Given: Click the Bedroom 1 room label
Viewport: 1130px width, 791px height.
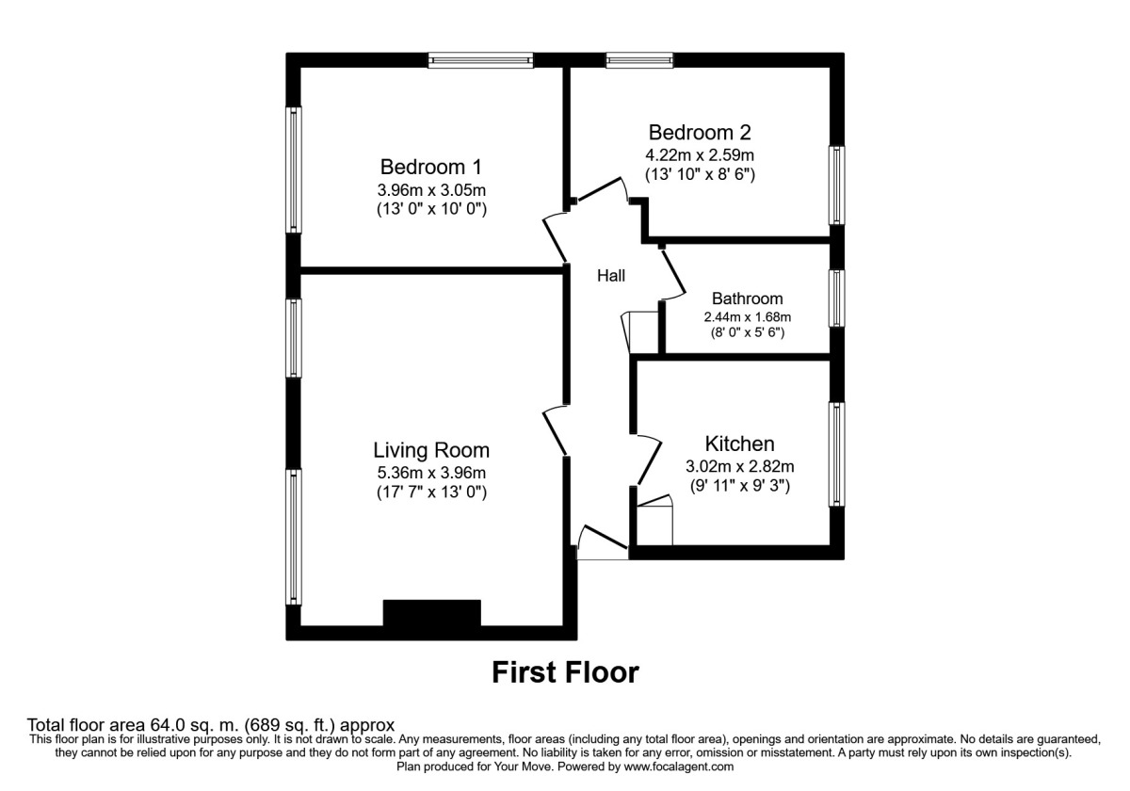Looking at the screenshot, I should point(430,167).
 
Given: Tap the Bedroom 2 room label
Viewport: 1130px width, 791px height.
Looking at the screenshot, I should point(700,132).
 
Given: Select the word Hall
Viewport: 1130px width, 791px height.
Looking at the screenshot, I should point(611,276).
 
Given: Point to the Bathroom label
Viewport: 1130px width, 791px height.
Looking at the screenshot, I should point(747,299).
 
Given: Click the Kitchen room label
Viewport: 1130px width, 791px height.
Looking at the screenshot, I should point(740,444).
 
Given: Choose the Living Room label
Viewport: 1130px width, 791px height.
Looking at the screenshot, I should point(431,450).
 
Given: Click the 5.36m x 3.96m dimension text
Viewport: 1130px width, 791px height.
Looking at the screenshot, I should point(431,473).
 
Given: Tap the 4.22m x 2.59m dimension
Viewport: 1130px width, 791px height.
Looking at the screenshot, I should point(700,154).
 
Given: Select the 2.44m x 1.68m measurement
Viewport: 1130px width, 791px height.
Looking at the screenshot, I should point(747,316).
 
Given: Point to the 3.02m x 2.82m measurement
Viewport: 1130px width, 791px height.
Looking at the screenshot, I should point(740,466).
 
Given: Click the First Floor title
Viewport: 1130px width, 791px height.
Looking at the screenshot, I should point(566,672).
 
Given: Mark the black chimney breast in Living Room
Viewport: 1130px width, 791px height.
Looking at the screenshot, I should point(432,613).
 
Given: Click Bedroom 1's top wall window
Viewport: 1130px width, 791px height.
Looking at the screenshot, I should point(481,59).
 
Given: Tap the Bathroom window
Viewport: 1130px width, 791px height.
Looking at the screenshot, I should point(836,299).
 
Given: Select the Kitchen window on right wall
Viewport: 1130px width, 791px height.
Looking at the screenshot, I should point(836,454).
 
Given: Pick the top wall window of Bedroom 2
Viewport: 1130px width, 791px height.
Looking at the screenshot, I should point(639,59).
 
